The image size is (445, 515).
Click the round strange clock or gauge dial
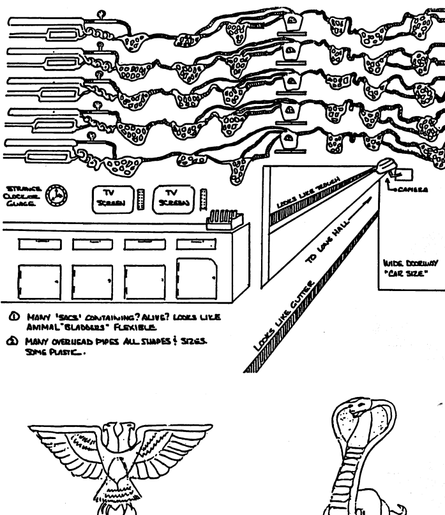click(57, 195)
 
